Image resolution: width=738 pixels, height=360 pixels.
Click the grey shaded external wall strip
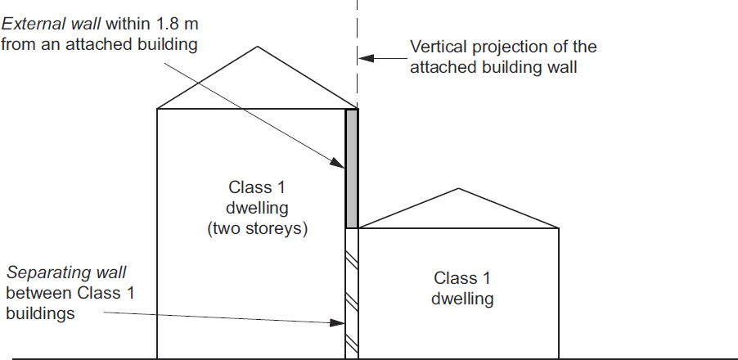(352, 169)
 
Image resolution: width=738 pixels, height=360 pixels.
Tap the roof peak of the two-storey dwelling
(258, 47)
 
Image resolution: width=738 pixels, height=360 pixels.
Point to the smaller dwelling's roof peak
(459, 190)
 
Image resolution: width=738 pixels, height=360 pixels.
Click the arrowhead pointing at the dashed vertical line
(365, 58)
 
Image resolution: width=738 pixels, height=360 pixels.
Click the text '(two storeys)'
(257, 229)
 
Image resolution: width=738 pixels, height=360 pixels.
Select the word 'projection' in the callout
(506, 47)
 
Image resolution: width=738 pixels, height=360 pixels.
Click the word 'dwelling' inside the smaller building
(462, 299)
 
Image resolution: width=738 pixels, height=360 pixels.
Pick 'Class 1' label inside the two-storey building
(257, 187)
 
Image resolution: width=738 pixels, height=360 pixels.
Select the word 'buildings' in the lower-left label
(40, 313)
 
